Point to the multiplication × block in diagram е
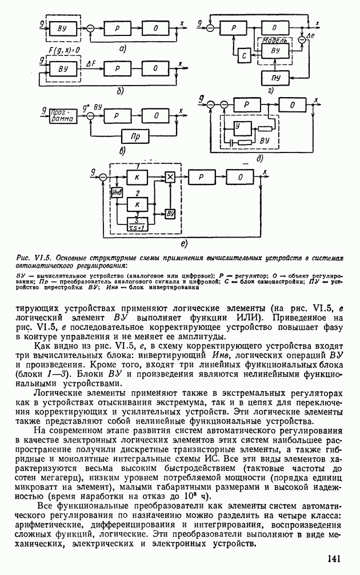click(x=169, y=178)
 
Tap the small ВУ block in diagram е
click(x=170, y=213)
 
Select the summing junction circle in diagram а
click(x=89, y=27)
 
